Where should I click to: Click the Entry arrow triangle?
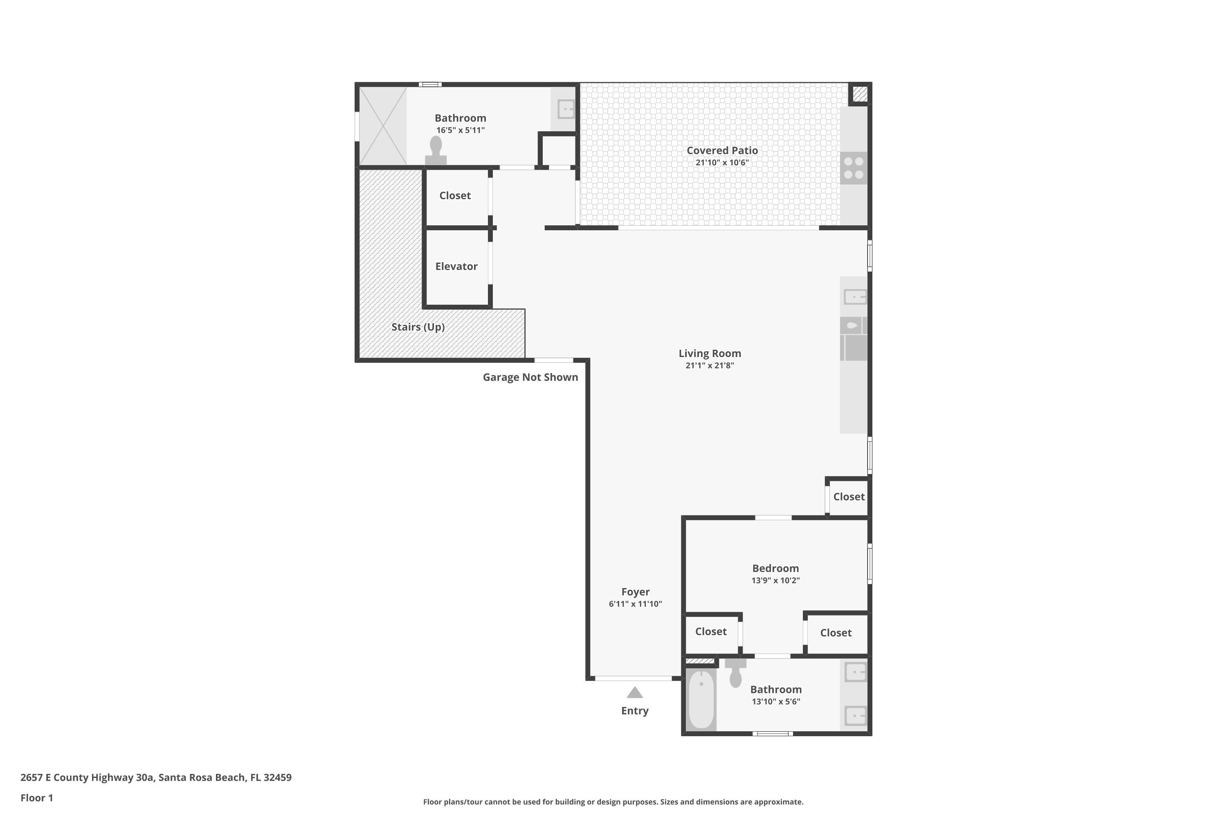pyautogui.click(x=634, y=693)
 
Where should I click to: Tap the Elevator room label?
pyautogui.click(x=456, y=267)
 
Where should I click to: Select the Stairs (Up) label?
pyautogui.click(x=418, y=327)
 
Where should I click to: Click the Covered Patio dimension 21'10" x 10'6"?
pyautogui.click(x=722, y=163)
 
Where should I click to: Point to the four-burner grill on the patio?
pyautogui.click(x=854, y=168)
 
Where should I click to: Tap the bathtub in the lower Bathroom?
pyautogui.click(x=701, y=699)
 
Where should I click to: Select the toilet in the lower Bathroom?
pyautogui.click(x=735, y=674)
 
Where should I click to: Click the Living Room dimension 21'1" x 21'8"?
pyautogui.click(x=710, y=366)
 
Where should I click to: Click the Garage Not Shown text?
pyautogui.click(x=530, y=377)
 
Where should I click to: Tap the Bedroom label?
pyautogui.click(x=775, y=569)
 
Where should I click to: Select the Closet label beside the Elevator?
pyautogui.click(x=455, y=196)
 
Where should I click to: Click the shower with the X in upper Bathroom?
pyautogui.click(x=383, y=126)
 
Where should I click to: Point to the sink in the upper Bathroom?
pyautogui.click(x=566, y=110)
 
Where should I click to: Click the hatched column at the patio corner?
pyautogui.click(x=860, y=94)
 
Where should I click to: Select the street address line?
pyautogui.click(x=156, y=778)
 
